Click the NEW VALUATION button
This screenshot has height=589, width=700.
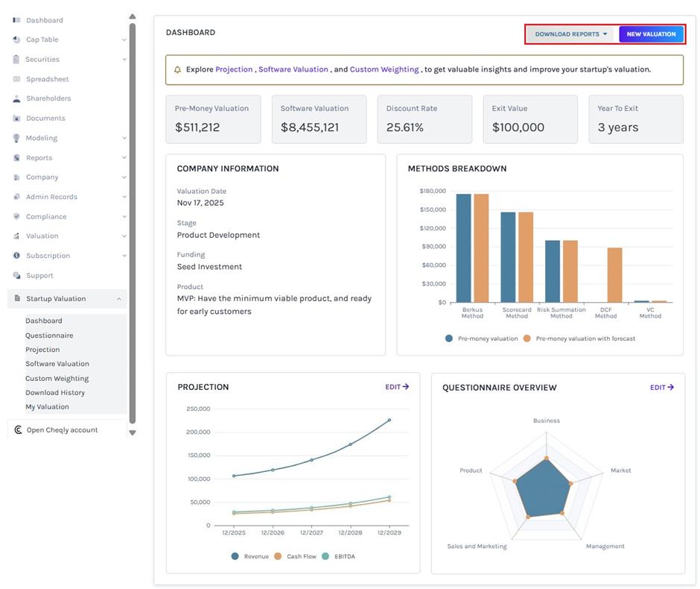[651, 34]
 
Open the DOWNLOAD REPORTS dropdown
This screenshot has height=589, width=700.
[571, 34]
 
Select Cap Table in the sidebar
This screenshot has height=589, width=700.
[42, 40]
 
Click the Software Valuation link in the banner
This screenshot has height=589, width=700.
[293, 69]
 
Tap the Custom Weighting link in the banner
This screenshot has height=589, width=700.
[384, 69]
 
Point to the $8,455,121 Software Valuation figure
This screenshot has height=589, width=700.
[310, 127]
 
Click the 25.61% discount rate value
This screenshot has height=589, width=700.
[405, 127]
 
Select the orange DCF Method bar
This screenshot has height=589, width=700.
[614, 274]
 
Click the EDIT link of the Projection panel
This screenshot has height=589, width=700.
[397, 387]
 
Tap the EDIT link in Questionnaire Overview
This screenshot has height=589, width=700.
[662, 387]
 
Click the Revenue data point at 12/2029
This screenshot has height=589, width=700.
[389, 421]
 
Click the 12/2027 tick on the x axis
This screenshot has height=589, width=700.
[311, 533]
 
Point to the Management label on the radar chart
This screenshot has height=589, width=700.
[605, 547]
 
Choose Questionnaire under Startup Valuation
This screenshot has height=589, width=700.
[49, 336]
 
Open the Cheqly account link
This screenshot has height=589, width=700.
[62, 430]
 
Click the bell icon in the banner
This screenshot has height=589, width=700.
[177, 69]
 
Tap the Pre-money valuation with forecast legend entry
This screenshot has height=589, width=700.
[579, 338]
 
